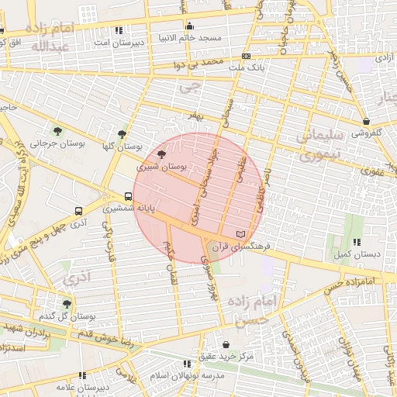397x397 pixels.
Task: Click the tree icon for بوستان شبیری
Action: pos(161,156)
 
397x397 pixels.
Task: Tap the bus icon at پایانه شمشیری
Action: pos(128,197)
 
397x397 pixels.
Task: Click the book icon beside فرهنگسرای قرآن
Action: pos(240,233)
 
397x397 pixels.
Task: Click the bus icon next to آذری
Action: pos(79,211)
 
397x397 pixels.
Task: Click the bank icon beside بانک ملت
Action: pos(247,56)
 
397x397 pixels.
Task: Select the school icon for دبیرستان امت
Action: pos(118,30)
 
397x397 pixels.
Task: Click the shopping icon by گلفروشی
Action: pos(366,121)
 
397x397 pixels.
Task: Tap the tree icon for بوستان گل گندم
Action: pos(67,305)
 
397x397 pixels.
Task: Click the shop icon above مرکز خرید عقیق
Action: pos(226,344)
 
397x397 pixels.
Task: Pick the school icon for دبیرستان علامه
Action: pos(82,375)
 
